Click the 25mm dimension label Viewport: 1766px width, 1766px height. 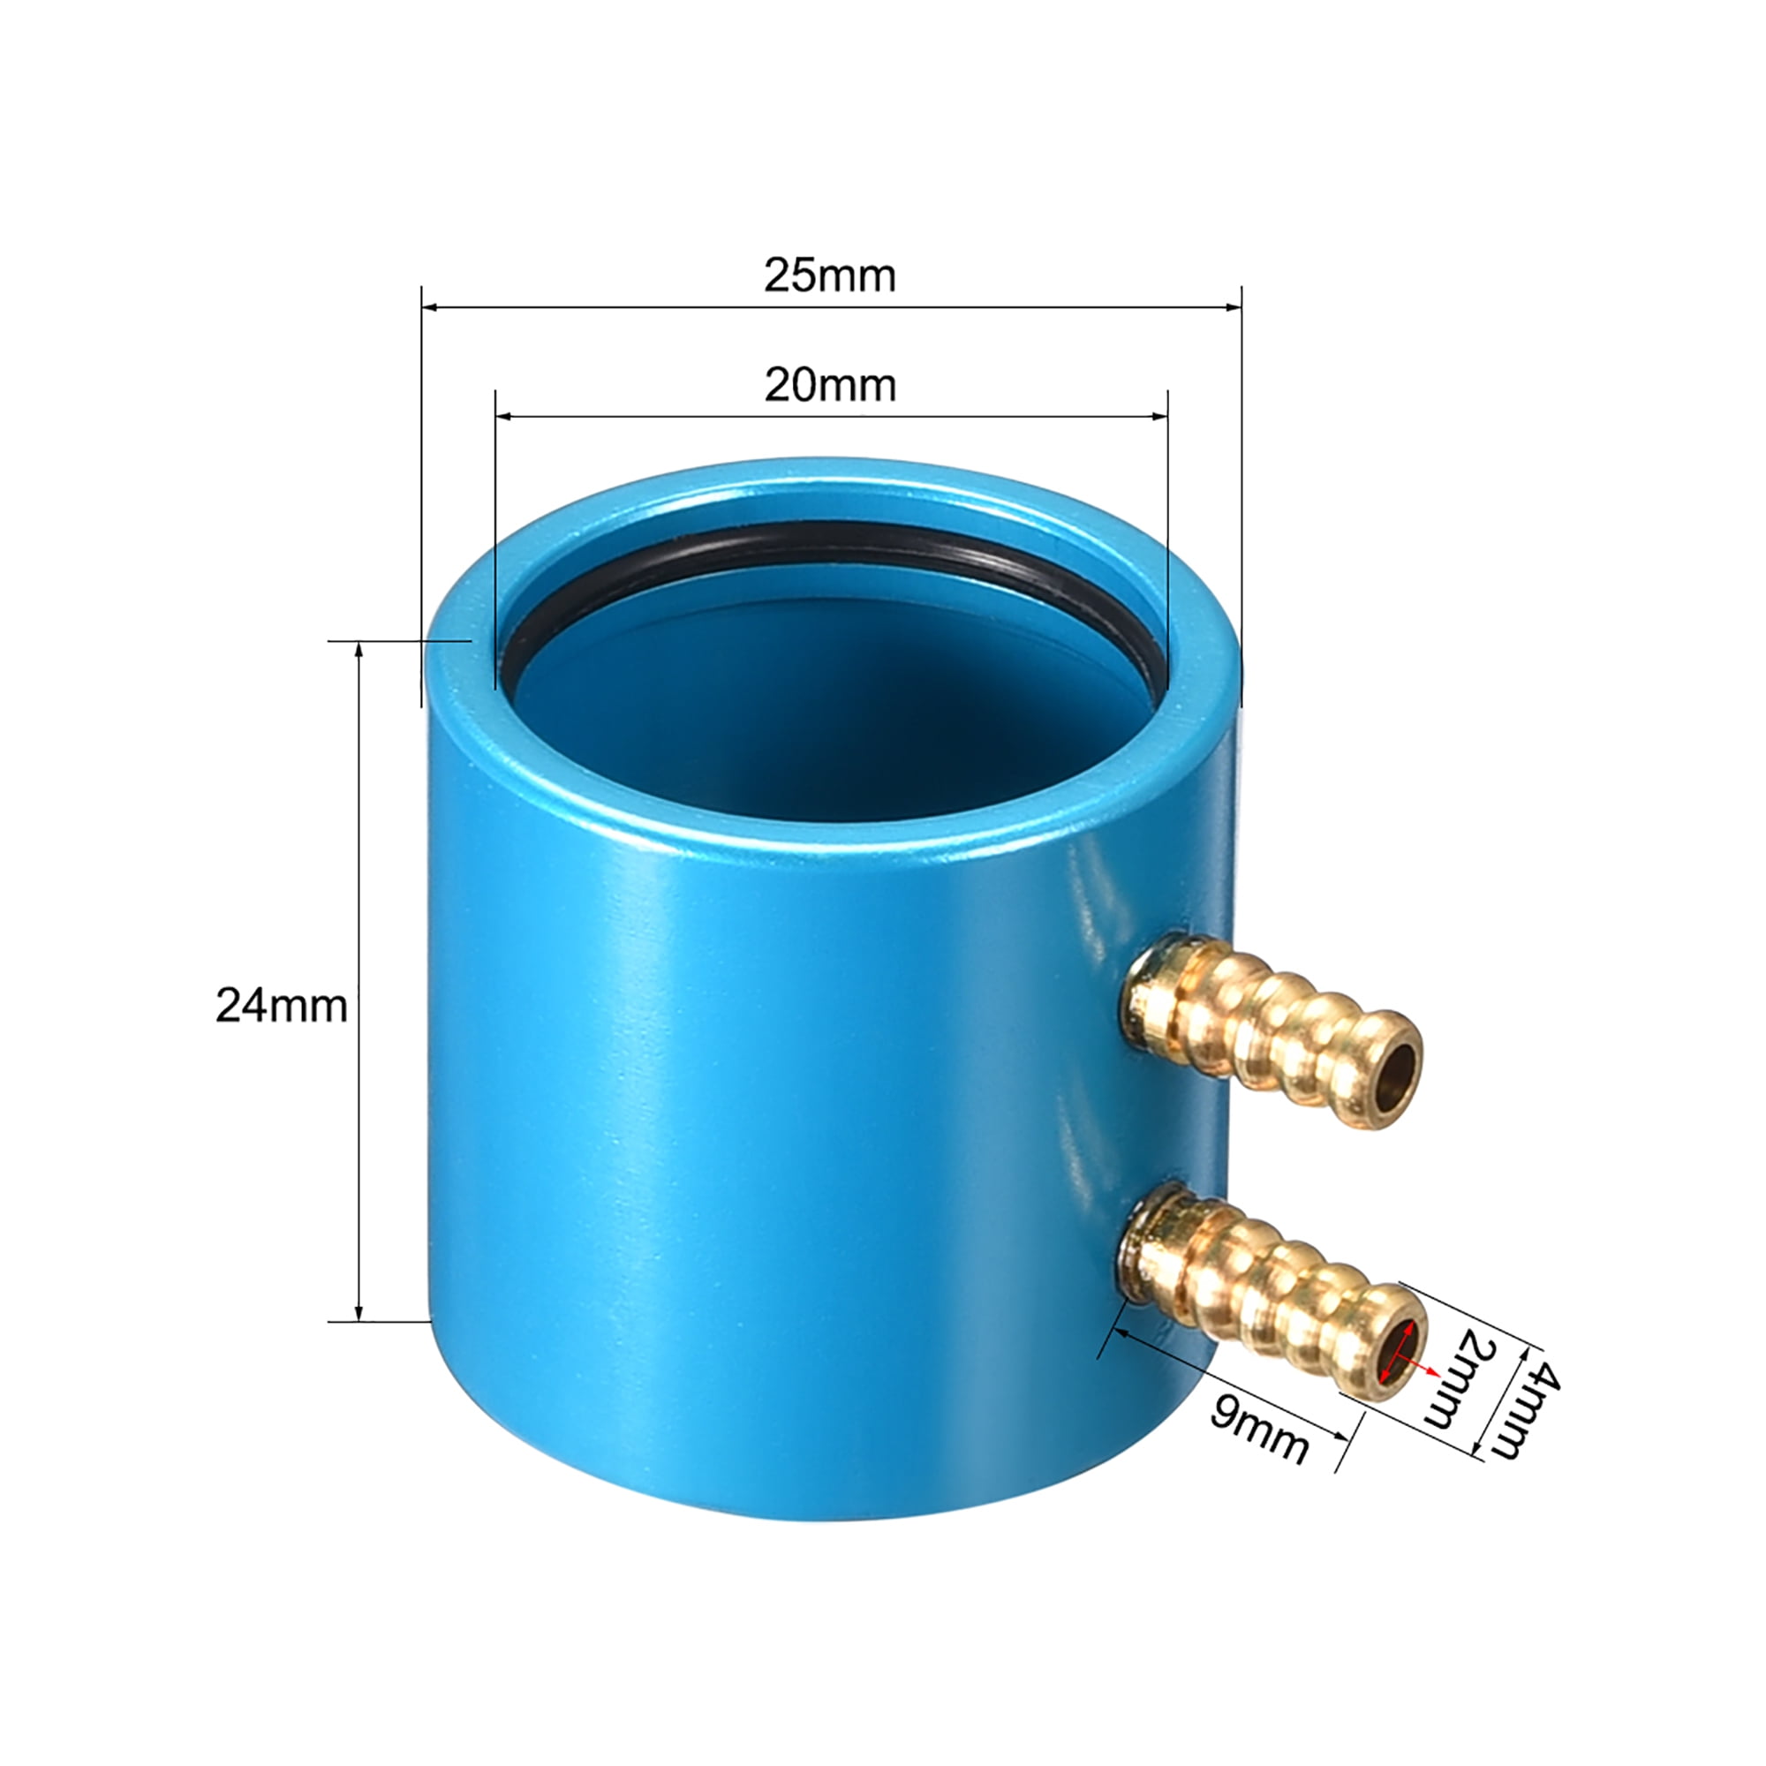coord(829,276)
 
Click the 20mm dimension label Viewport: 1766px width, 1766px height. coord(829,386)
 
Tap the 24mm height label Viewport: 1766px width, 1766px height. coord(281,1007)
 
